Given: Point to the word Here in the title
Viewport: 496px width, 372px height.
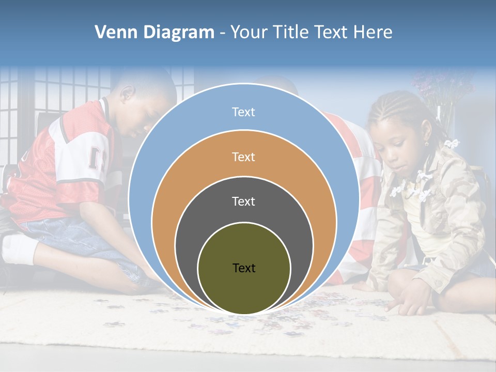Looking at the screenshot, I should tap(373, 33).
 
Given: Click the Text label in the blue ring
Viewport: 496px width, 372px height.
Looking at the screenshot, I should tap(243, 112).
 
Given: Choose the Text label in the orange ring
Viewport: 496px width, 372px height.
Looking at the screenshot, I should tap(243, 157).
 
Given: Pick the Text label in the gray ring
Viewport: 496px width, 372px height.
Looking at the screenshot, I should tap(243, 201).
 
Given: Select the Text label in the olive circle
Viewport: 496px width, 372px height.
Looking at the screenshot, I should tap(244, 268).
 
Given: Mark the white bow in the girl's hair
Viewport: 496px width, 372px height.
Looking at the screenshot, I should tap(453, 143).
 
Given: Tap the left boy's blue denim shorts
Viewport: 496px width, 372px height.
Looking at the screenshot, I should tap(78, 235).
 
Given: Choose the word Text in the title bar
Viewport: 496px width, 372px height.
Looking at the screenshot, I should tap(331, 33).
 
